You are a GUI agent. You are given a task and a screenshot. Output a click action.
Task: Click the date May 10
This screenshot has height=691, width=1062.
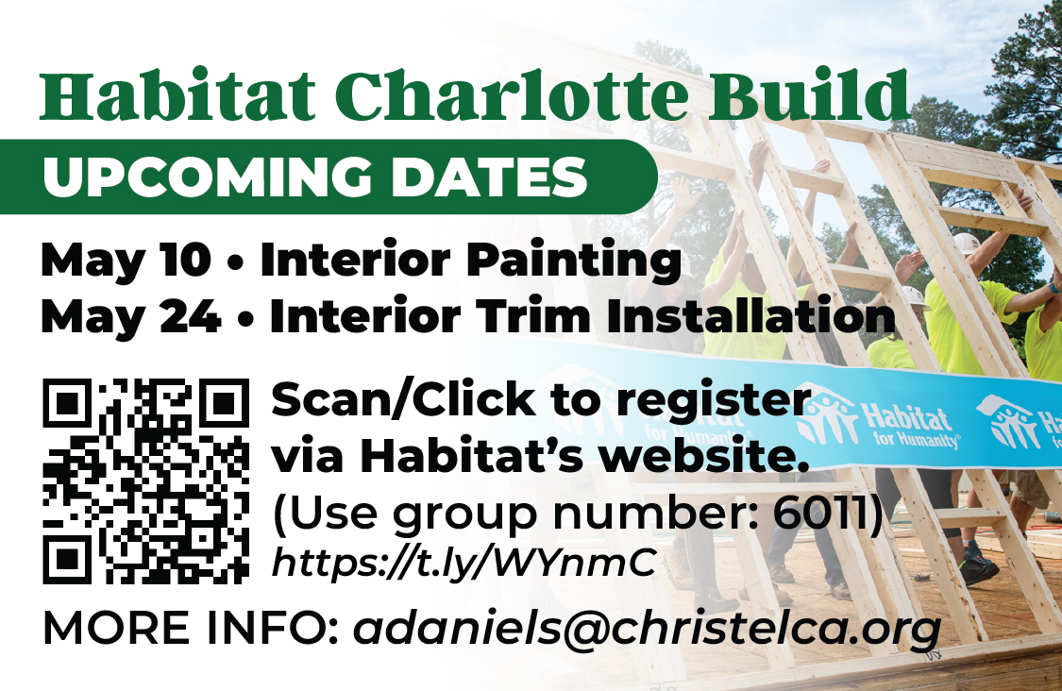tap(126, 260)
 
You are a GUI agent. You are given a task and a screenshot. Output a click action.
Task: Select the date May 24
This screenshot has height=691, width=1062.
tap(130, 316)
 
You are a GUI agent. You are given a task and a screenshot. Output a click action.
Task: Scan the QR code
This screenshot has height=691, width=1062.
tap(145, 481)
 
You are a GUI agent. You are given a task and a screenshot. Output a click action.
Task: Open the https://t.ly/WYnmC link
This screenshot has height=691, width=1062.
tap(464, 563)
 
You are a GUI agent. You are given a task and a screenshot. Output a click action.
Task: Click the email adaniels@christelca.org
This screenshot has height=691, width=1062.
tap(648, 630)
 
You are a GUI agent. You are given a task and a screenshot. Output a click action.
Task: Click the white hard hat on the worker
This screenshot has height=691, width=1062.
tap(967, 243)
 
